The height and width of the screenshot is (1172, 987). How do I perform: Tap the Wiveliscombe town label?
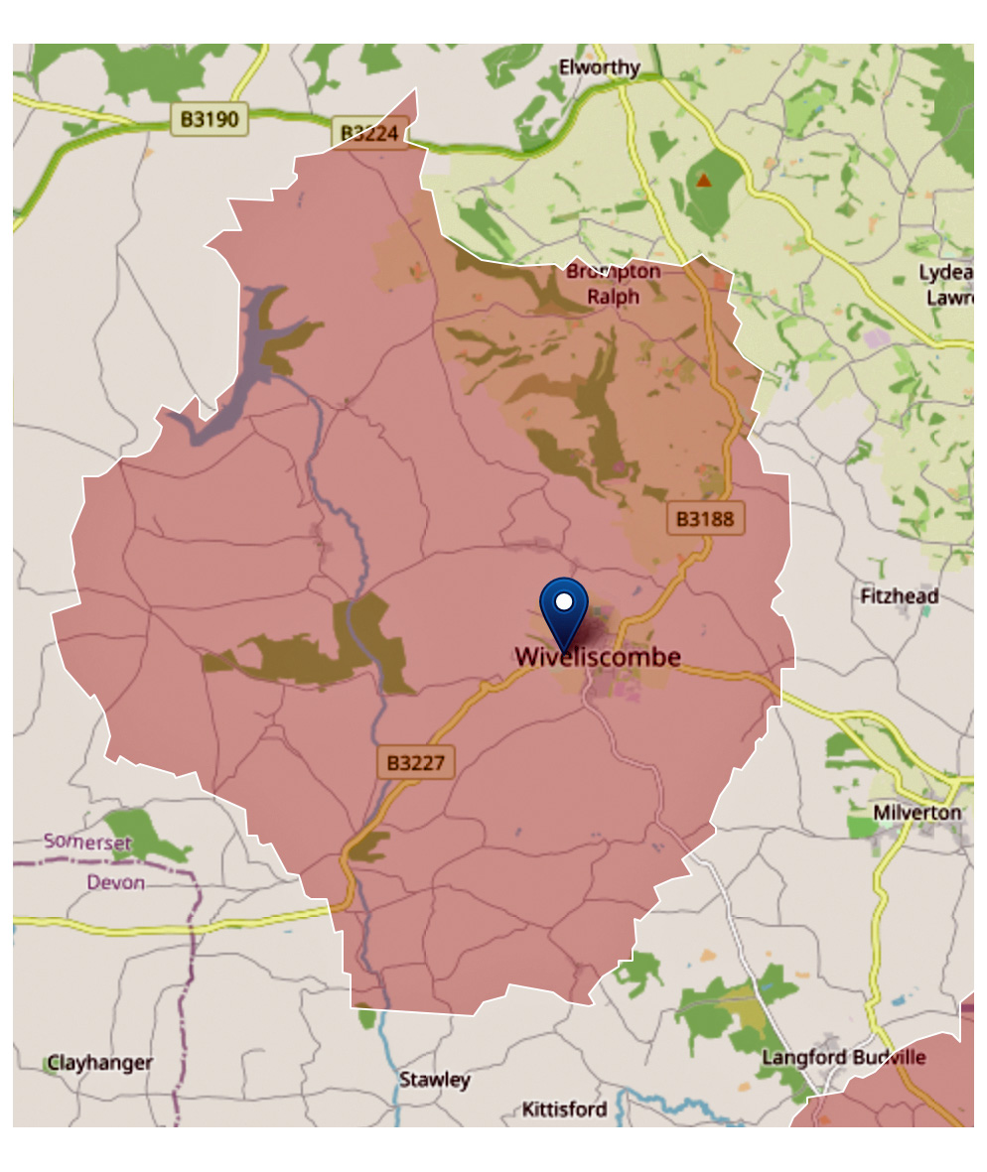click(598, 657)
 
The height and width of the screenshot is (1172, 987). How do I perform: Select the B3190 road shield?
click(209, 121)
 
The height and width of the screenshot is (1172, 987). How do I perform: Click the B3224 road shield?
click(369, 133)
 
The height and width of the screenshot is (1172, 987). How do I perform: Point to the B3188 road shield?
click(704, 517)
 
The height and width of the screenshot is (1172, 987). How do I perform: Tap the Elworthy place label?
click(599, 68)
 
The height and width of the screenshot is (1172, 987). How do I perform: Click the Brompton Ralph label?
click(613, 283)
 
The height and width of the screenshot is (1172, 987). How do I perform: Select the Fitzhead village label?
click(899, 596)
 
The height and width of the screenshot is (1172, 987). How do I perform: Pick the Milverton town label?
click(917, 813)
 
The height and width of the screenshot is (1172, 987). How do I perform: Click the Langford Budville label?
click(843, 1057)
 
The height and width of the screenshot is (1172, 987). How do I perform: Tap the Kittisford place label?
click(564, 1108)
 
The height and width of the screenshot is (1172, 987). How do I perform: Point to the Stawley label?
click(434, 1080)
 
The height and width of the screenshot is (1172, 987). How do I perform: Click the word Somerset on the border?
click(87, 842)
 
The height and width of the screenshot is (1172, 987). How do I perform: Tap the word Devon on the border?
click(115, 882)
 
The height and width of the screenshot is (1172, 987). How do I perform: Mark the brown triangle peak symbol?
click(704, 180)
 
